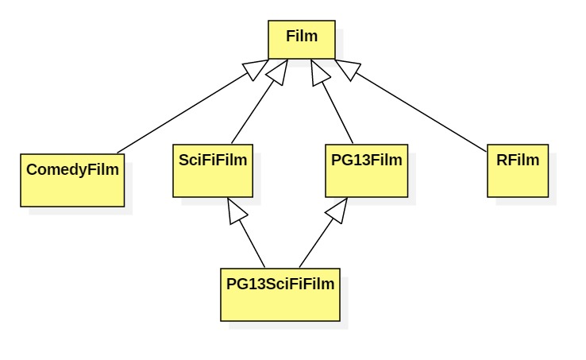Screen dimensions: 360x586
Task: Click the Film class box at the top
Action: pos(302,40)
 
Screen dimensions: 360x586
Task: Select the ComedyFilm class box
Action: pos(72,180)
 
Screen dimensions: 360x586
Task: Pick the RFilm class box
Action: pos(518,171)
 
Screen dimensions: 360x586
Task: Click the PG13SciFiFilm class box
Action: pos(280,295)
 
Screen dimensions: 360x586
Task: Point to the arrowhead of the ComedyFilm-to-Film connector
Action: pos(256,70)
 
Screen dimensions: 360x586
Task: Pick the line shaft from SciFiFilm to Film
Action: pos(253,111)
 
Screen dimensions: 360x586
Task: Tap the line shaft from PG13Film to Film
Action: pos(340,111)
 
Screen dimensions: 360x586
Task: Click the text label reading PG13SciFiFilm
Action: pos(280,283)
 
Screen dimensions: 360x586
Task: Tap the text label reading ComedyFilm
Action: pos(72,169)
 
